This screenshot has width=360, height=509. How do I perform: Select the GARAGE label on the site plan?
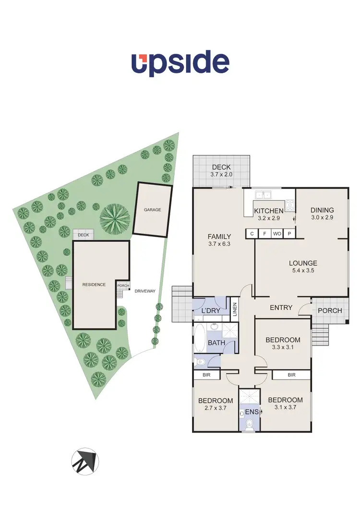click(152, 210)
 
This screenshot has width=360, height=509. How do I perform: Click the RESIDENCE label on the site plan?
click(94, 284)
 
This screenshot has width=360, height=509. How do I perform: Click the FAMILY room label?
click(219, 237)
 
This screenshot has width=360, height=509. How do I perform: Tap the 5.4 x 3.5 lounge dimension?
click(303, 271)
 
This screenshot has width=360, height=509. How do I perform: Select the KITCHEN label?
click(268, 211)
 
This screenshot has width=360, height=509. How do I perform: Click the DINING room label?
click(322, 210)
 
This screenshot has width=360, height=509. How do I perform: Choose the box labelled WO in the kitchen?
click(277, 234)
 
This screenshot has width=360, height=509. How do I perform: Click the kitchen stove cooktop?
click(290, 205)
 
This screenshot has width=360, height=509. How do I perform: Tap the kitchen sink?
click(263, 195)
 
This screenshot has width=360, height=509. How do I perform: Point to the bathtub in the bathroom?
click(200, 339)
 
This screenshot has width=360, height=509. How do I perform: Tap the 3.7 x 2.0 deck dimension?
click(221, 175)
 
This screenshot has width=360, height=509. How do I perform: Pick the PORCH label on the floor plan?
click(330, 310)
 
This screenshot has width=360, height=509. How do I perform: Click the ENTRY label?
click(281, 308)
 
